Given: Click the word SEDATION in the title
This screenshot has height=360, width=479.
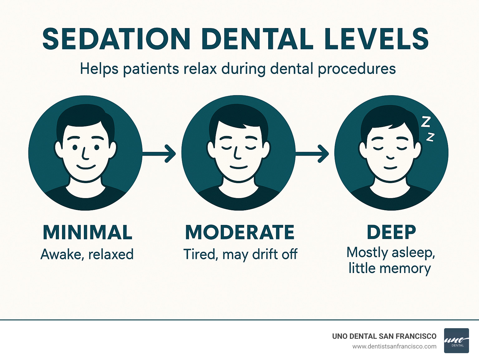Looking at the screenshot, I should pos(116,39).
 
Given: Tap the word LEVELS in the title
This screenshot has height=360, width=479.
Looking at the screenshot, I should pos(376,39).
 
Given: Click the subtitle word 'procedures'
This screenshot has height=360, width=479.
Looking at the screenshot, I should pos(357,69).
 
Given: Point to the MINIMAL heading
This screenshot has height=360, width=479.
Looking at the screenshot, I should pos(87,232).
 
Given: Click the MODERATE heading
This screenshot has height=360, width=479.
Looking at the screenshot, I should pos(239,232).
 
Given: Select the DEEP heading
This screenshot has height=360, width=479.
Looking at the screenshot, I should pos(391,232).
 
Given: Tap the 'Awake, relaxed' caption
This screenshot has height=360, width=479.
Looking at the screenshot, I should pos(87,254).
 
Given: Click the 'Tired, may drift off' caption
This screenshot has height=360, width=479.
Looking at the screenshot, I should pos(240,254).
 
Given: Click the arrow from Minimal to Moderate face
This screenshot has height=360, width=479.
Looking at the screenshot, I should pos(159,153).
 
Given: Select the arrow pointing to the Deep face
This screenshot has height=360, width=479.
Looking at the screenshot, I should pos(312,153).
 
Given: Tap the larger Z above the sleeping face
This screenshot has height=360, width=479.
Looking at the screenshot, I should pos(425,122).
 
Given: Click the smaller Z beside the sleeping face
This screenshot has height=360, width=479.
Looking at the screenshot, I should pos(430,137).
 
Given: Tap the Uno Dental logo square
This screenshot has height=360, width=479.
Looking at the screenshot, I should pos(456,341).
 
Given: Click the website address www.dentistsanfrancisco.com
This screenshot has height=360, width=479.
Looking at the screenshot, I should pos(394,346).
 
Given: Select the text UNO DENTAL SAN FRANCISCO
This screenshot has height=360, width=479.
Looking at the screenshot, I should pos(384,336).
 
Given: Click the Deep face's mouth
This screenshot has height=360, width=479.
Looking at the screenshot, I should pos(390,168).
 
